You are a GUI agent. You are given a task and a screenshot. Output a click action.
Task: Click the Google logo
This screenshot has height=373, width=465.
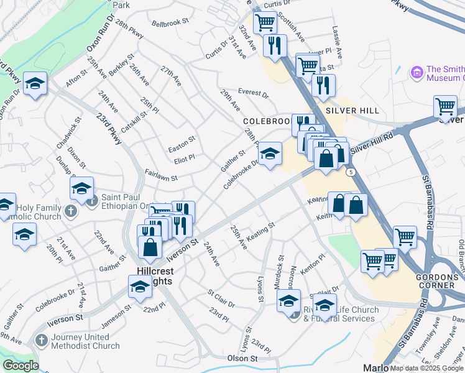[21, 366]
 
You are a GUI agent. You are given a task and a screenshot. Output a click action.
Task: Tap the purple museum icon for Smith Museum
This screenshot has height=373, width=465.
[417, 73]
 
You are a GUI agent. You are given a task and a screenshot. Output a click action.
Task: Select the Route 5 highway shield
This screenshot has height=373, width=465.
[351, 172]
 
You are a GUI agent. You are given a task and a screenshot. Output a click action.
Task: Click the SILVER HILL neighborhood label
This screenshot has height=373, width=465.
[356, 111]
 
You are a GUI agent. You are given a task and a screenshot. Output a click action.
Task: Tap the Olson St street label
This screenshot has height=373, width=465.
[242, 359]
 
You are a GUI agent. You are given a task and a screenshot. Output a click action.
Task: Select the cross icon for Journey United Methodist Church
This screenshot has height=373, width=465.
[42, 340]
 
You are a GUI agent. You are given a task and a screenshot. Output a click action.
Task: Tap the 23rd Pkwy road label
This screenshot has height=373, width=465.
[109, 128]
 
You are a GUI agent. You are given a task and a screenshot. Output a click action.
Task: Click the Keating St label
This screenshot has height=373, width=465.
[260, 231]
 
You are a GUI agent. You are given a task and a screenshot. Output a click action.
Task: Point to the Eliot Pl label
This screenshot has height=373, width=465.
[184, 158]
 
